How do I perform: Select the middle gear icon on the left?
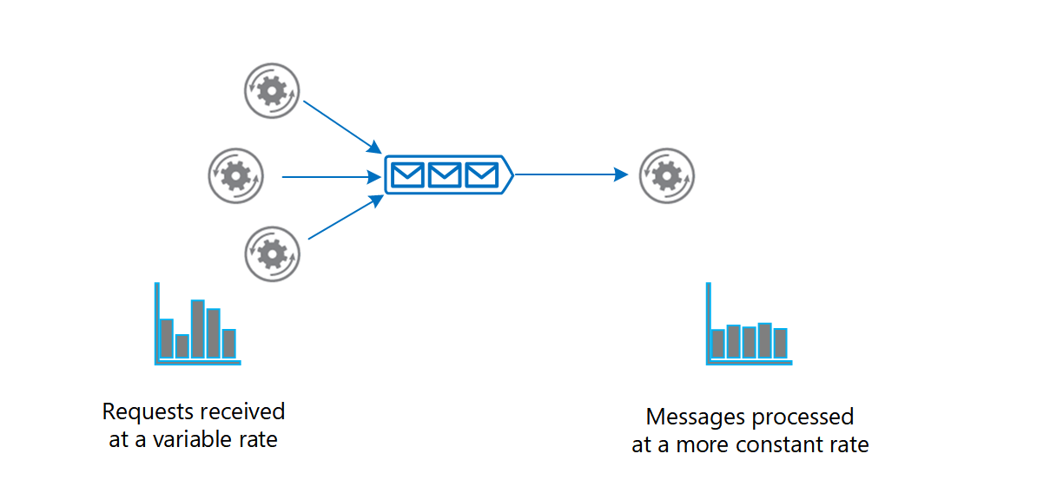(235, 176)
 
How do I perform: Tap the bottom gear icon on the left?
(273, 253)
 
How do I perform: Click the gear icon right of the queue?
(666, 176)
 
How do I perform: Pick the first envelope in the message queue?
(407, 175)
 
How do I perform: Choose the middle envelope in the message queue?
(444, 175)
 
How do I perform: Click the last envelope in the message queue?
(480, 175)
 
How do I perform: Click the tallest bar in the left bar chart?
(198, 330)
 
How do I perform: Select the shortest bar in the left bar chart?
(182, 346)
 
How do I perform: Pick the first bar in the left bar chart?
(167, 339)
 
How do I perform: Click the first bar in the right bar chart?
(718, 344)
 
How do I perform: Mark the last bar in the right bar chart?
(781, 343)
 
